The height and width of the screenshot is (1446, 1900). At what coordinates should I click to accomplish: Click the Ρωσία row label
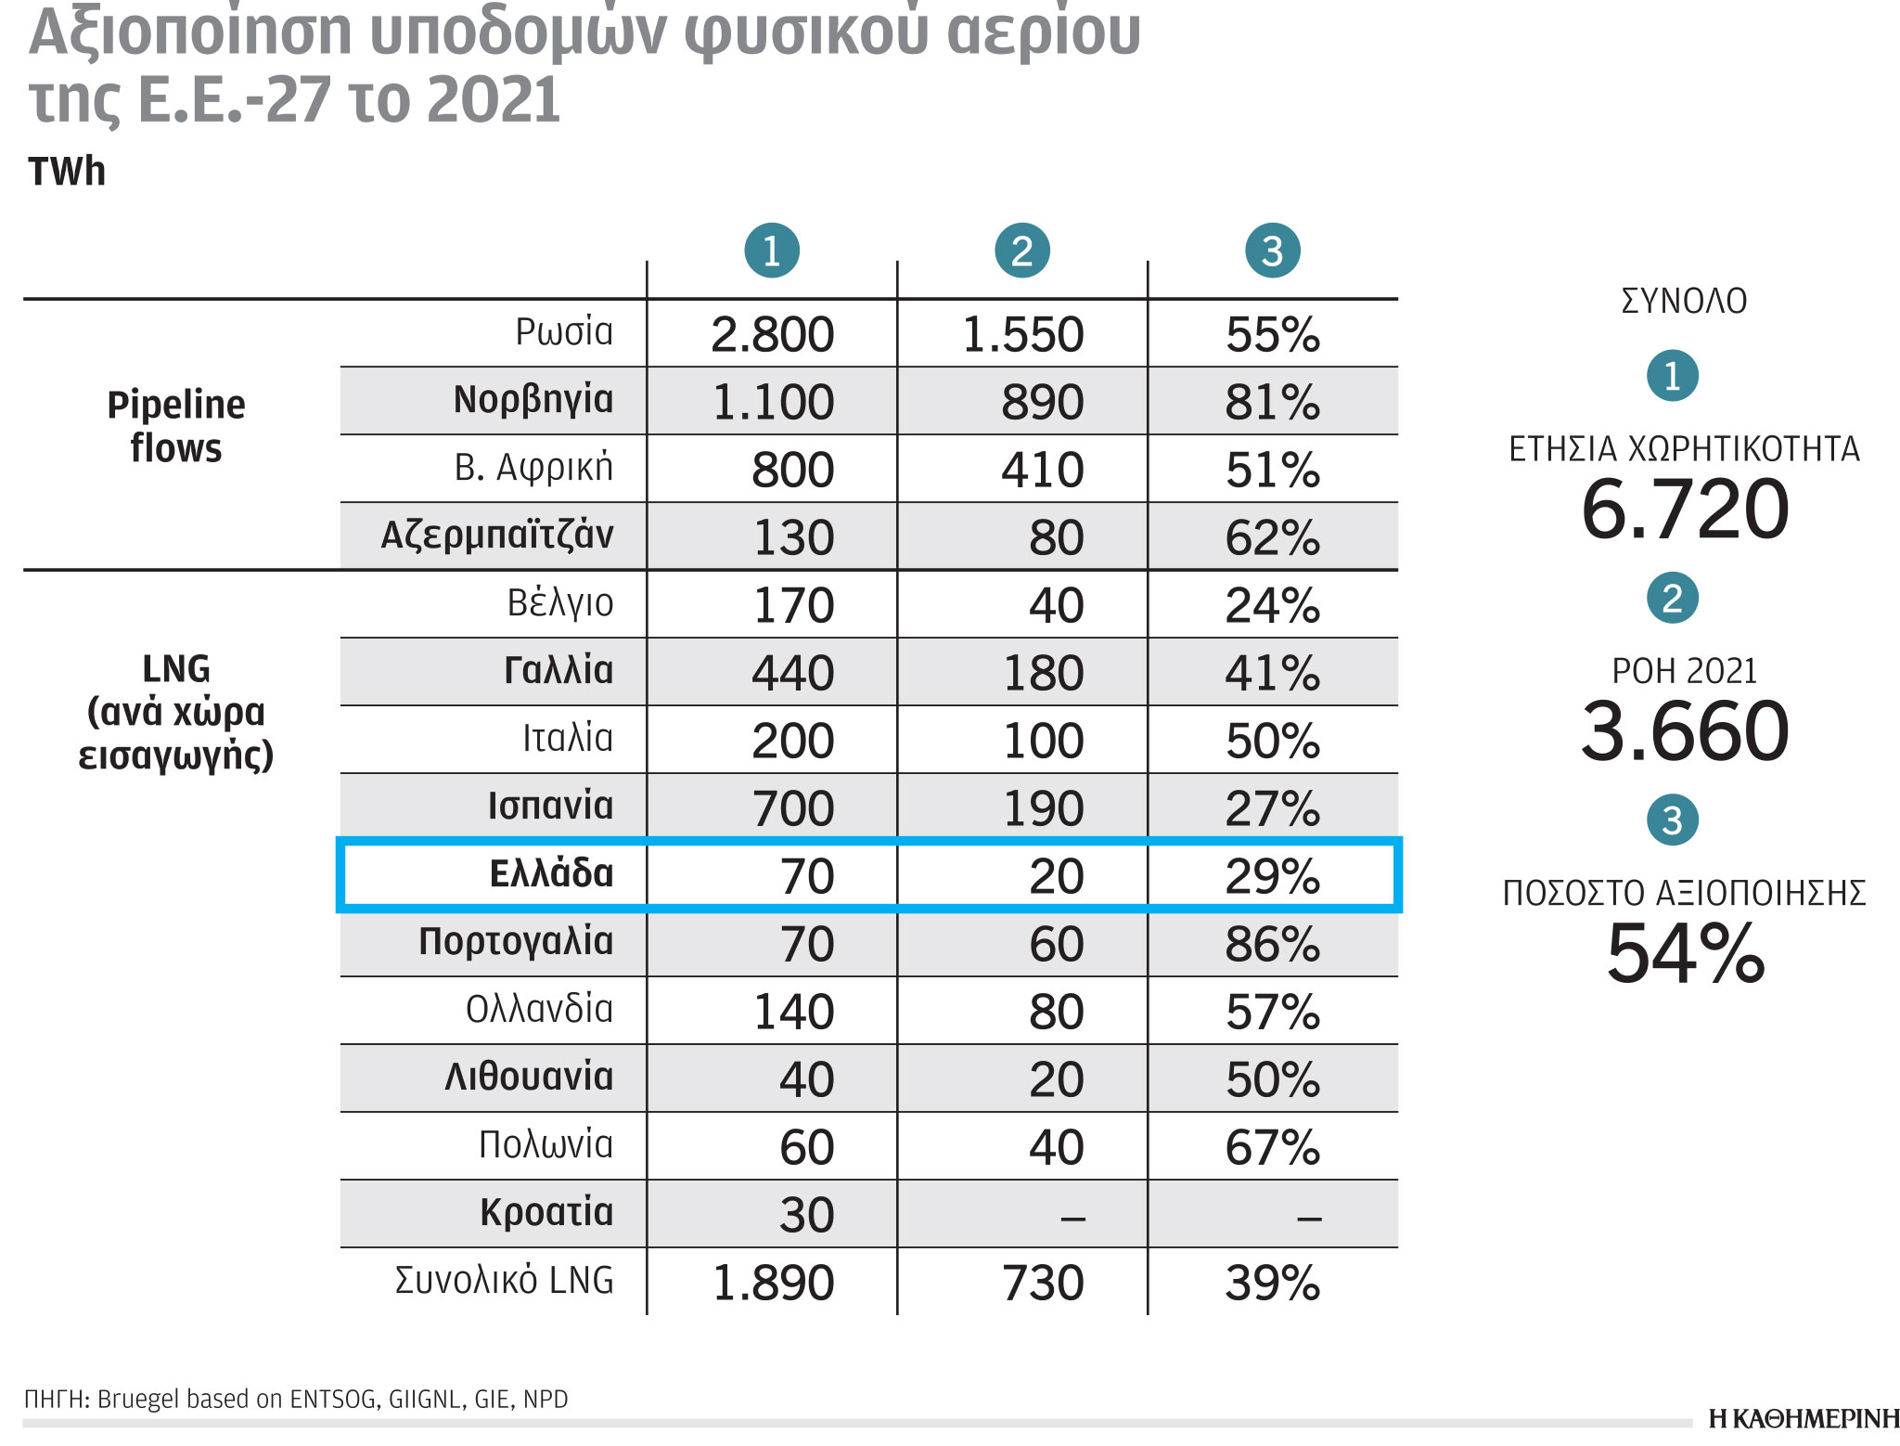pos(564,332)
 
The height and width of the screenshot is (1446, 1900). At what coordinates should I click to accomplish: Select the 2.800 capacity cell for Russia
pos(772,334)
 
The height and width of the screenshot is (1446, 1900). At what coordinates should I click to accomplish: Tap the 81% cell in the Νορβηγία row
pos(1272,402)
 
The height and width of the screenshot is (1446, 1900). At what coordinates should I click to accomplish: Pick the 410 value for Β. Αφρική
pos(1042,470)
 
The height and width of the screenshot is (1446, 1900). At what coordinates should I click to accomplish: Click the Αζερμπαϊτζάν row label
pos(497,536)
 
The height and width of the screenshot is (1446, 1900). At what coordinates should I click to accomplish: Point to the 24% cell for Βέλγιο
pos(1272,605)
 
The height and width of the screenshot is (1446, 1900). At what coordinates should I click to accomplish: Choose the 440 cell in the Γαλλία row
pos(792,673)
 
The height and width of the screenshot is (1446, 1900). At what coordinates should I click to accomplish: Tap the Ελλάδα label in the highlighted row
pos(551,874)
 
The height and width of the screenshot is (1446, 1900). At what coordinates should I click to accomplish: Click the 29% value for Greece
pos(1272,876)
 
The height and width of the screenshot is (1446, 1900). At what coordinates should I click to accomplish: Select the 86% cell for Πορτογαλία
pos(1272,944)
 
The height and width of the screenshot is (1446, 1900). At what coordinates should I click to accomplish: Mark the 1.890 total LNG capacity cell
pos(773,1283)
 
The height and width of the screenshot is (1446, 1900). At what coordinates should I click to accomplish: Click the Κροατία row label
pos(546,1213)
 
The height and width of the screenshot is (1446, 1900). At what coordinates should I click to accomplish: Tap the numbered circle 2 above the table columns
pos(1021,251)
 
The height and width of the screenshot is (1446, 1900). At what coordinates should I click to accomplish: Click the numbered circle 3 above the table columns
pos(1272,251)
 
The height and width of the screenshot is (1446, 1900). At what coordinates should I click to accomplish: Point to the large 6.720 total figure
pos(1685,510)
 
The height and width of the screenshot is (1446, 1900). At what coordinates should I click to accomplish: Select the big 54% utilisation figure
pos(1685,953)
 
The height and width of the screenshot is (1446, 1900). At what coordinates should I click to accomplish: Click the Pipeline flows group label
pos(176,426)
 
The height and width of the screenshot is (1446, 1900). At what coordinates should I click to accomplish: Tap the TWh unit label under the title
pos(67,172)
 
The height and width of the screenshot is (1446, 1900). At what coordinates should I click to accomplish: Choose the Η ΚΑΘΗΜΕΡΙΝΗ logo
pos(1804,1418)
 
